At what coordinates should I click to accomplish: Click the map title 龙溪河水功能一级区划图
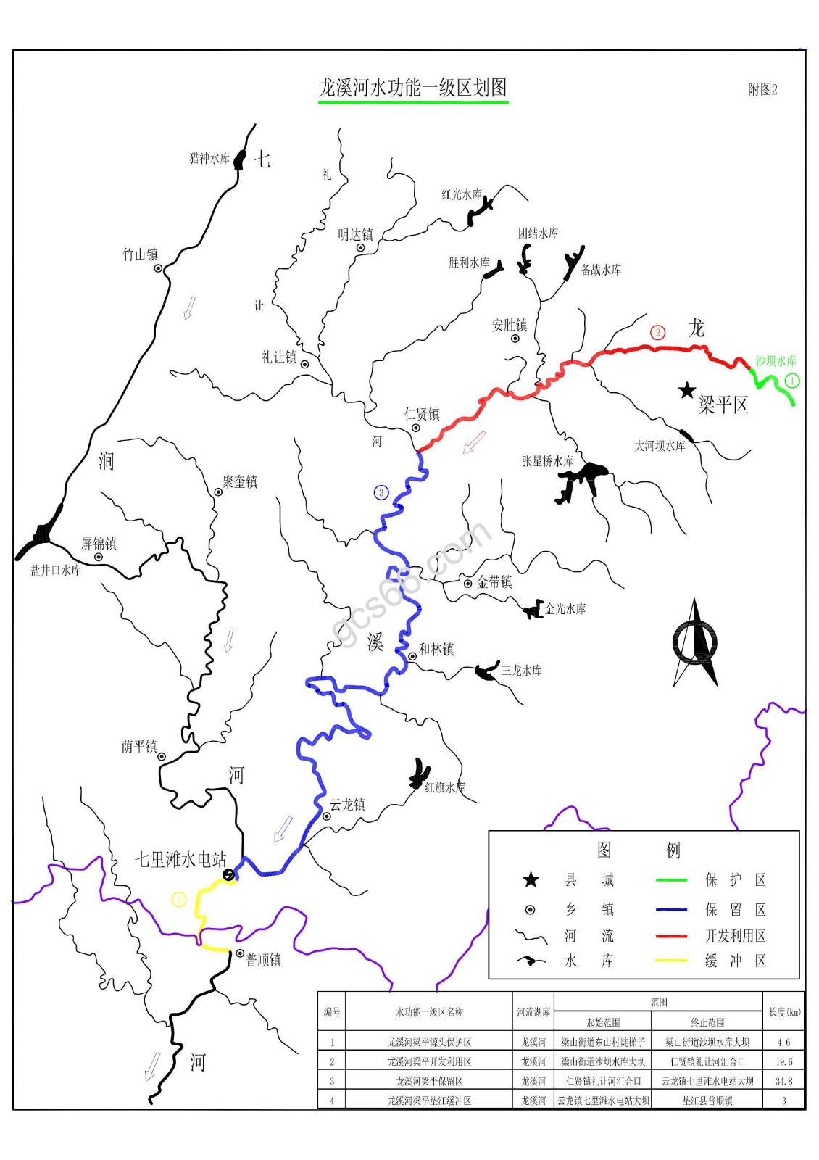tap(413, 88)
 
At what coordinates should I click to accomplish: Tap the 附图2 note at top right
tap(762, 90)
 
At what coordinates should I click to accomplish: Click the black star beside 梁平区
tap(686, 391)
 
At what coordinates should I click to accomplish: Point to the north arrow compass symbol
tap(696, 642)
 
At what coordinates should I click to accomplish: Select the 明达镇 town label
tap(355, 234)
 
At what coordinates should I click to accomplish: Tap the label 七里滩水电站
tap(180, 859)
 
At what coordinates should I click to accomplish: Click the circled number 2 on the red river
tap(657, 333)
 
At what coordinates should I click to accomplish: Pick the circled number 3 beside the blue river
tap(381, 493)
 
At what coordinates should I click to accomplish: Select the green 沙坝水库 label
tap(776, 360)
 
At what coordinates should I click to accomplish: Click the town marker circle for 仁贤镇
tap(416, 428)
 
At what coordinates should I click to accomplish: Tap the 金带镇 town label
tap(494, 582)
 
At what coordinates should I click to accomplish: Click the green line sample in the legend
tap(670, 880)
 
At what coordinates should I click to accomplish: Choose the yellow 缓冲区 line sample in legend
tap(670, 961)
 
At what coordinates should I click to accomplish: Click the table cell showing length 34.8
tap(783, 1081)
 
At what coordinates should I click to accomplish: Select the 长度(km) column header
tap(784, 1011)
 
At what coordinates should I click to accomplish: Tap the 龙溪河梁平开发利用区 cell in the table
tap(428, 1061)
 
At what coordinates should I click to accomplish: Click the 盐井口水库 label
tap(56, 571)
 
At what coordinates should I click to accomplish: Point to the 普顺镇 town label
tap(263, 960)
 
